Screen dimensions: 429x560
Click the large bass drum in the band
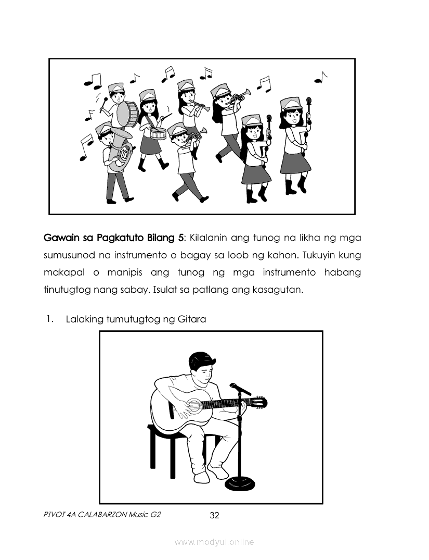coord(127,114)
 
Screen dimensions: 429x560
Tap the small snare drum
coord(158,133)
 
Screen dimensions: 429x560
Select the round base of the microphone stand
coord(240,483)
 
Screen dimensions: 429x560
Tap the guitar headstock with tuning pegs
coord(261,403)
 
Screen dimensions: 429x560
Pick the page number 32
coord(215,515)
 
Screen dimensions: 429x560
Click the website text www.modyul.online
coord(214,542)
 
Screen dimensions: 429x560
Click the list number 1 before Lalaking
coord(49,319)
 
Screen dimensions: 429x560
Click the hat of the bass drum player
coord(115,87)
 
